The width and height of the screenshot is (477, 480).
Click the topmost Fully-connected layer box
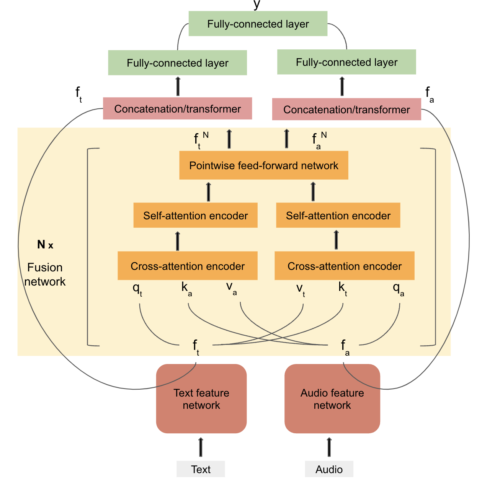coord(258,24)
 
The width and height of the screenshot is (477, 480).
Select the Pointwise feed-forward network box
coord(263,165)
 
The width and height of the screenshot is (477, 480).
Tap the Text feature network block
coord(201,399)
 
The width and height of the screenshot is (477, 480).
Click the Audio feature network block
coord(332,399)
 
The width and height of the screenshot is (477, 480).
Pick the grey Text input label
coord(201,469)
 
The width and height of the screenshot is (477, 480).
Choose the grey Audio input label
coord(329,469)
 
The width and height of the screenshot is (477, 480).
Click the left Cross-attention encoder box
coord(187,266)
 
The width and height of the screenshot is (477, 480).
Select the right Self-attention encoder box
coord(338,216)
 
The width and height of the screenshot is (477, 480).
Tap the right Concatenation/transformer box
coord(346,109)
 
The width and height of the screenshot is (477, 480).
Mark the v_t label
coord(301,289)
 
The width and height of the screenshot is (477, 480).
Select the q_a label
coord(398,289)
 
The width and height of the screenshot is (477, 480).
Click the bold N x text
coord(45,245)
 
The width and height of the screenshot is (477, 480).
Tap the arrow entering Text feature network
coord(201,447)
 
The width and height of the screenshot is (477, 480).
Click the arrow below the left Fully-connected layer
coord(178,86)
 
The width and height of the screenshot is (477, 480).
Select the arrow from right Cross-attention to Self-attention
coord(336,240)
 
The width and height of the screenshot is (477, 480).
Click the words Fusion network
coord(45,274)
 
